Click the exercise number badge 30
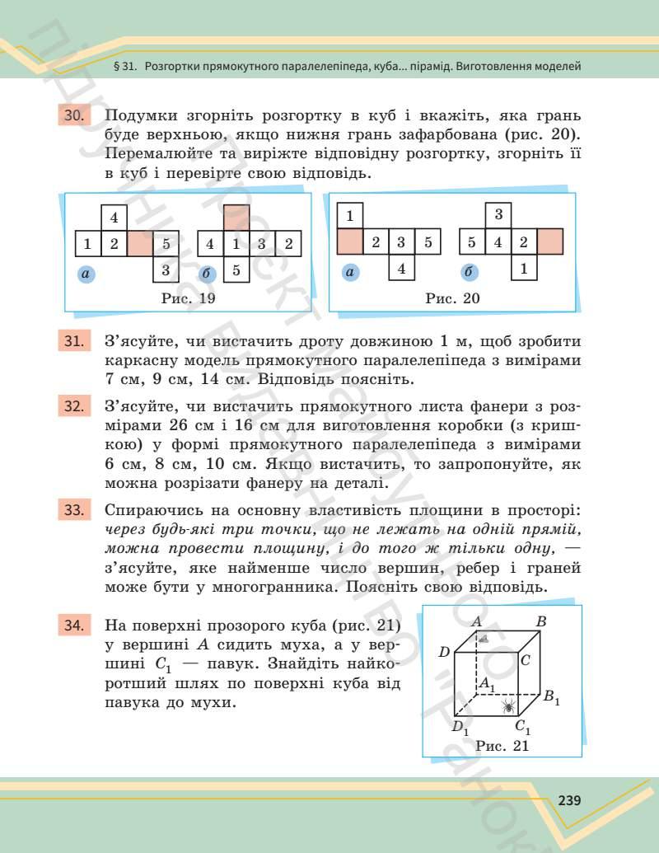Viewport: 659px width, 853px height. pos(72,116)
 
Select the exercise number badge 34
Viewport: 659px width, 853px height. pos(72,626)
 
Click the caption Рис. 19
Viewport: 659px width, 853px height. pos(189,298)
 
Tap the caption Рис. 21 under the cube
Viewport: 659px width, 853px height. pos(502,745)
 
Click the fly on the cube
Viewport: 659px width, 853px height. pos(484,637)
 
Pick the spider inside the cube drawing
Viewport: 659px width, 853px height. pos(509,705)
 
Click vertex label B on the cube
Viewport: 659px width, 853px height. pos(541,622)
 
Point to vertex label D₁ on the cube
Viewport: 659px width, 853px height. pos(459,728)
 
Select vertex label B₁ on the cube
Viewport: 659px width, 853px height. pos(551,697)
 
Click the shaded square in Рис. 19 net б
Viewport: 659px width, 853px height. pos(236,218)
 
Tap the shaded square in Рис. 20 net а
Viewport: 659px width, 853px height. pos(350,242)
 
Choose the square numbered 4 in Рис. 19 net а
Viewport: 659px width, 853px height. pos(114,218)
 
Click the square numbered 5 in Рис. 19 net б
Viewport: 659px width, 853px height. pos(236,269)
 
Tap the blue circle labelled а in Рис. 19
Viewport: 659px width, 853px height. pos(85,273)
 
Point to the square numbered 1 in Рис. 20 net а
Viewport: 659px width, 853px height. pos(350,217)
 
